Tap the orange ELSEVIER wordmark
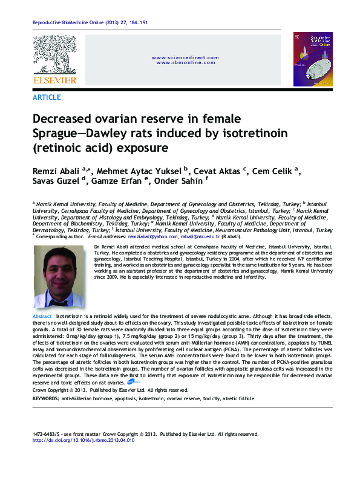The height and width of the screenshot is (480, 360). click(x=54, y=80)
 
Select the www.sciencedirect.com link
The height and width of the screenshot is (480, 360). click(x=185, y=57)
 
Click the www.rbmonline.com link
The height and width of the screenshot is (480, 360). click(x=185, y=63)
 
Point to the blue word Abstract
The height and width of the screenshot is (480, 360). click(x=42, y=317)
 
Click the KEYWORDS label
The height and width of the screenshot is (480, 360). click(x=45, y=400)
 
